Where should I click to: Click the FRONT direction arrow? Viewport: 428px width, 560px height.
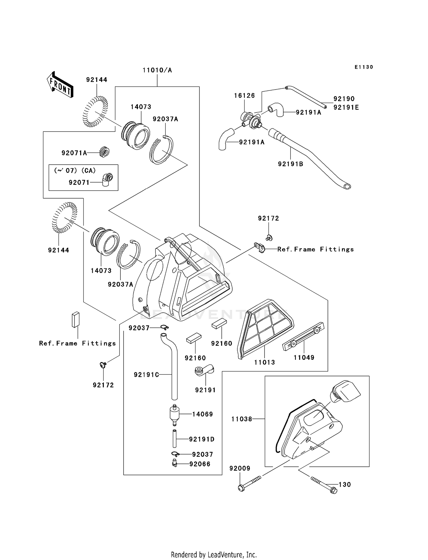pos(60,85)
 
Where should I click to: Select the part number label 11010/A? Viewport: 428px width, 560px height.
pos(157,70)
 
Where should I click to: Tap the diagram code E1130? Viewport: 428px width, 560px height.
pos(364,67)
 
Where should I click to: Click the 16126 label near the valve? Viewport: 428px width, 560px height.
pos(245,96)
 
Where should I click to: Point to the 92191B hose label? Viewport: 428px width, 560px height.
pos(290,164)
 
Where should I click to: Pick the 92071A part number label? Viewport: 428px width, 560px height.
pos(74,153)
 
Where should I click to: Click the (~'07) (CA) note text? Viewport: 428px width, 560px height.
pos(75,171)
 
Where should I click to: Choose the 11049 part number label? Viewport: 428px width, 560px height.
pos(304,357)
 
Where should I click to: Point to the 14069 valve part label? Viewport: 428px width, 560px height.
pos(203,414)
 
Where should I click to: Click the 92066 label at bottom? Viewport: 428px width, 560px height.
pos(200,464)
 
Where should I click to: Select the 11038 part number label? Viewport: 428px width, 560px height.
pos(242,419)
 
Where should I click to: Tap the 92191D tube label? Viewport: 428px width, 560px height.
pos(202,439)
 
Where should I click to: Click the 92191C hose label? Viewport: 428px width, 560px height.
pos(146,375)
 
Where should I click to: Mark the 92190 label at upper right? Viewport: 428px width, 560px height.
pos(344,99)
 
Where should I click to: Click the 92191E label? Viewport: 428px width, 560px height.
pos(346,108)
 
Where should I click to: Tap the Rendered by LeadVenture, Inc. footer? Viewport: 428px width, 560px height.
pos(214,555)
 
